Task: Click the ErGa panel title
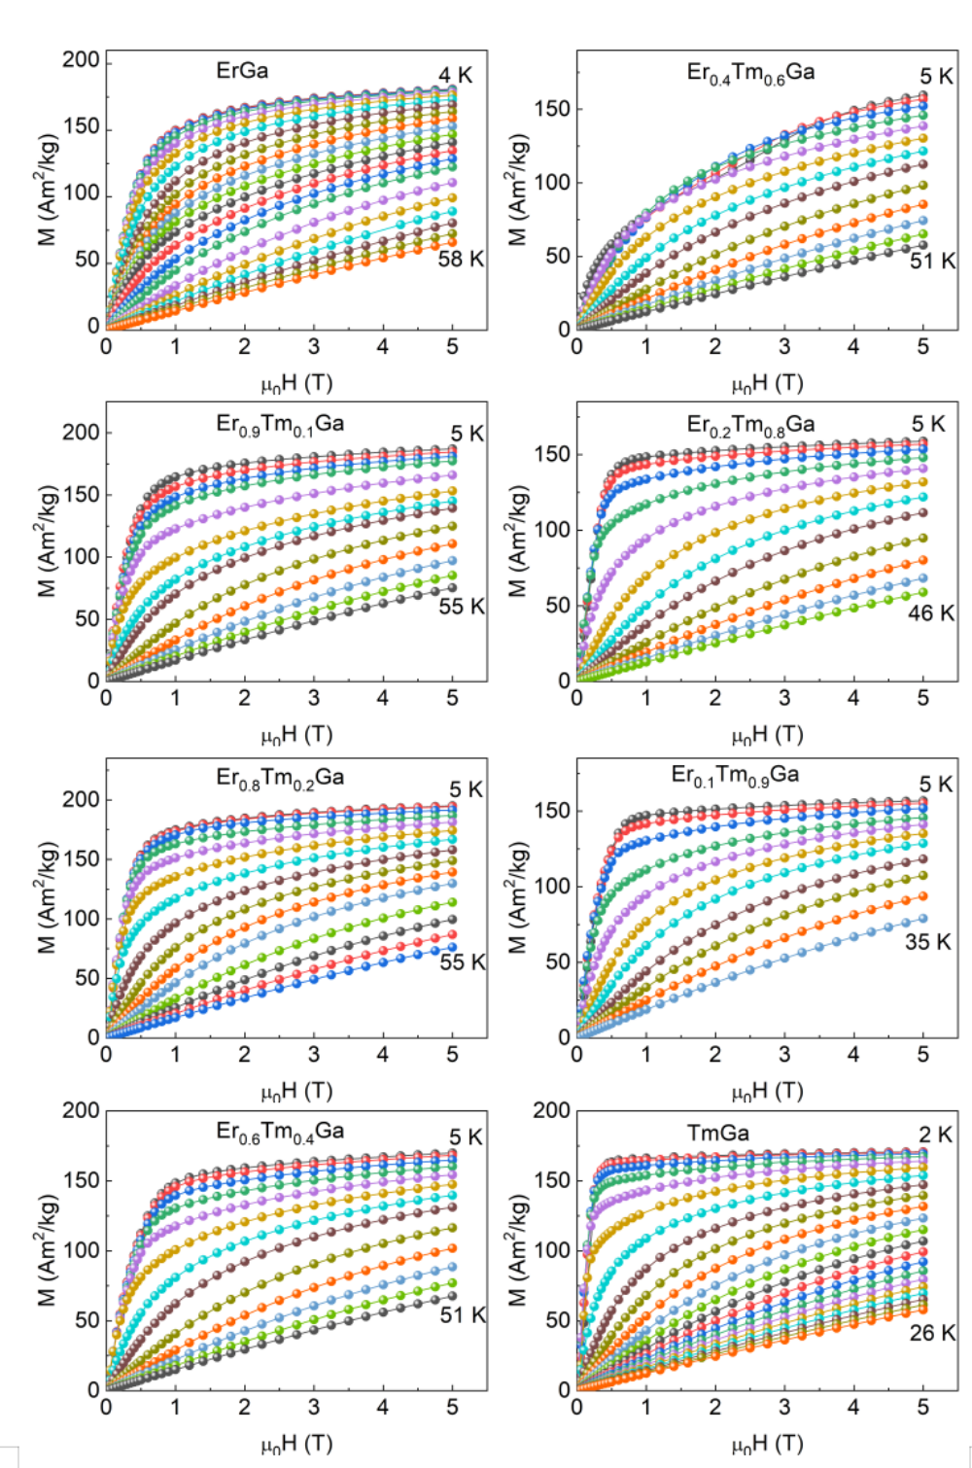pyautogui.click(x=242, y=70)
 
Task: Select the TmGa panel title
pyautogui.click(x=718, y=1132)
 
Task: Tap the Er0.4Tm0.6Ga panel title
pyautogui.click(x=750, y=73)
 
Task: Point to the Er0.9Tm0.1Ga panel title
pyautogui.click(x=280, y=424)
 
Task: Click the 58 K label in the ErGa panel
pyautogui.click(x=461, y=259)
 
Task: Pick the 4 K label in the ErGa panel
pyautogui.click(x=455, y=76)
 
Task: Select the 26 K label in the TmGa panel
pyautogui.click(x=932, y=1333)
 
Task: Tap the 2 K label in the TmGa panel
pyautogui.click(x=936, y=1136)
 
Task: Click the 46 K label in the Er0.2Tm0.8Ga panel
pyautogui.click(x=931, y=613)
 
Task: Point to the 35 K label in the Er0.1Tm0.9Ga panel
pyautogui.click(x=928, y=942)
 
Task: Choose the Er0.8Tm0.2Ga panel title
pyautogui.click(x=280, y=778)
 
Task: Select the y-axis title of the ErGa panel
pyautogui.click(x=48, y=190)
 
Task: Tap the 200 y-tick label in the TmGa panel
pyautogui.click(x=551, y=1110)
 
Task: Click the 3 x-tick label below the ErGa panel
pyautogui.click(x=314, y=346)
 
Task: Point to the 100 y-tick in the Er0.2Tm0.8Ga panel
pyautogui.click(x=551, y=530)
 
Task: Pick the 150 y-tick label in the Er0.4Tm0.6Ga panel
pyautogui.click(x=551, y=109)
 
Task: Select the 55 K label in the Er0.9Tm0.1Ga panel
pyautogui.click(x=462, y=607)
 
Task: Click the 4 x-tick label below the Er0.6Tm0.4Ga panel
pyautogui.click(x=383, y=1407)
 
